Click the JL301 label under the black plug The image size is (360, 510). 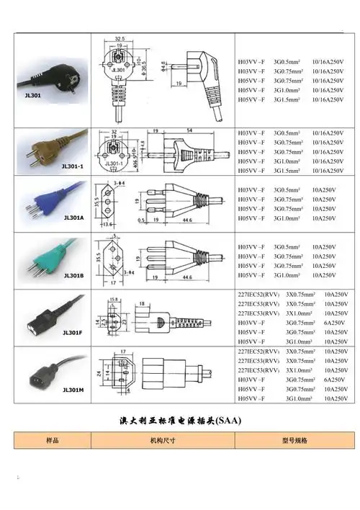click(x=32, y=94)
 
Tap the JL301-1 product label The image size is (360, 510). click(x=73, y=166)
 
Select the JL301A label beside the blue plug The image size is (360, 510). click(x=73, y=217)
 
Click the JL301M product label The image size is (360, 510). click(x=73, y=390)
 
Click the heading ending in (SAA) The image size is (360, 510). click(x=180, y=419)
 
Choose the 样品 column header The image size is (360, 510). click(x=53, y=439)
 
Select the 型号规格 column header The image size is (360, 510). click(x=294, y=439)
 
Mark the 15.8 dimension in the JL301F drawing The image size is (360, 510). click(x=113, y=299)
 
